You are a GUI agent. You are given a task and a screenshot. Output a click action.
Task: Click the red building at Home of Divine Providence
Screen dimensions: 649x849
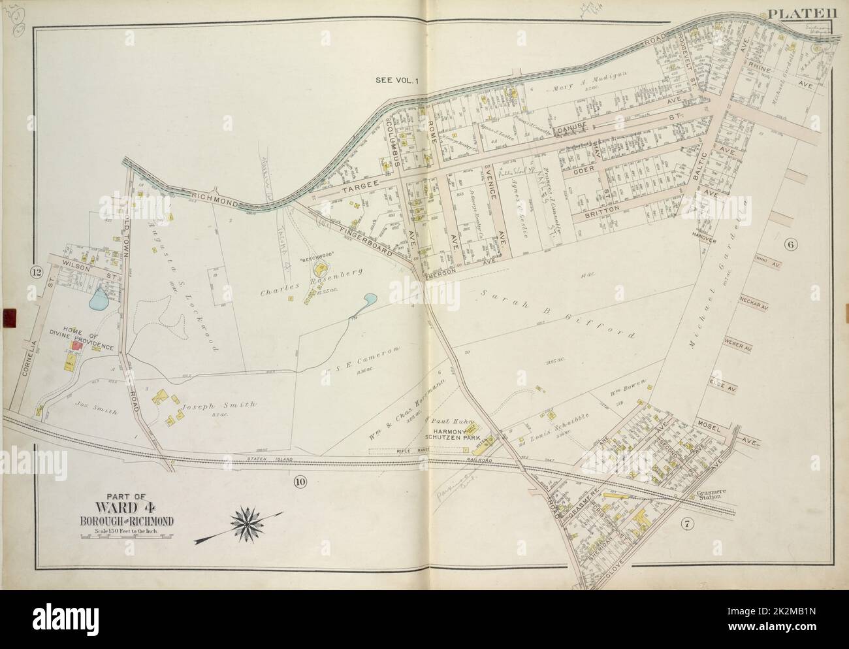tap(77, 346)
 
